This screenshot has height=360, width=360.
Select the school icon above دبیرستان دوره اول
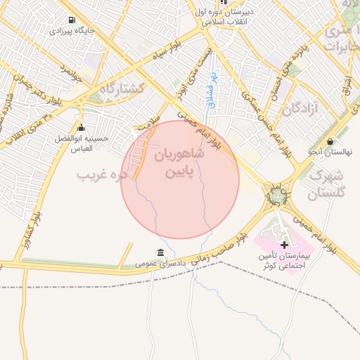click(224, 2)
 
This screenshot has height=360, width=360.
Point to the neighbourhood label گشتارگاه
click(121, 89)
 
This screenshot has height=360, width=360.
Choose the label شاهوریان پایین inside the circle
click(180, 162)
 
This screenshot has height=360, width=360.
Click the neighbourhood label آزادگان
click(302, 109)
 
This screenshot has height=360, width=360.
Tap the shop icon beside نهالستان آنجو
click(330, 141)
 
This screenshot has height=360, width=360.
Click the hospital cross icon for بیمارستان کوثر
click(284, 245)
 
